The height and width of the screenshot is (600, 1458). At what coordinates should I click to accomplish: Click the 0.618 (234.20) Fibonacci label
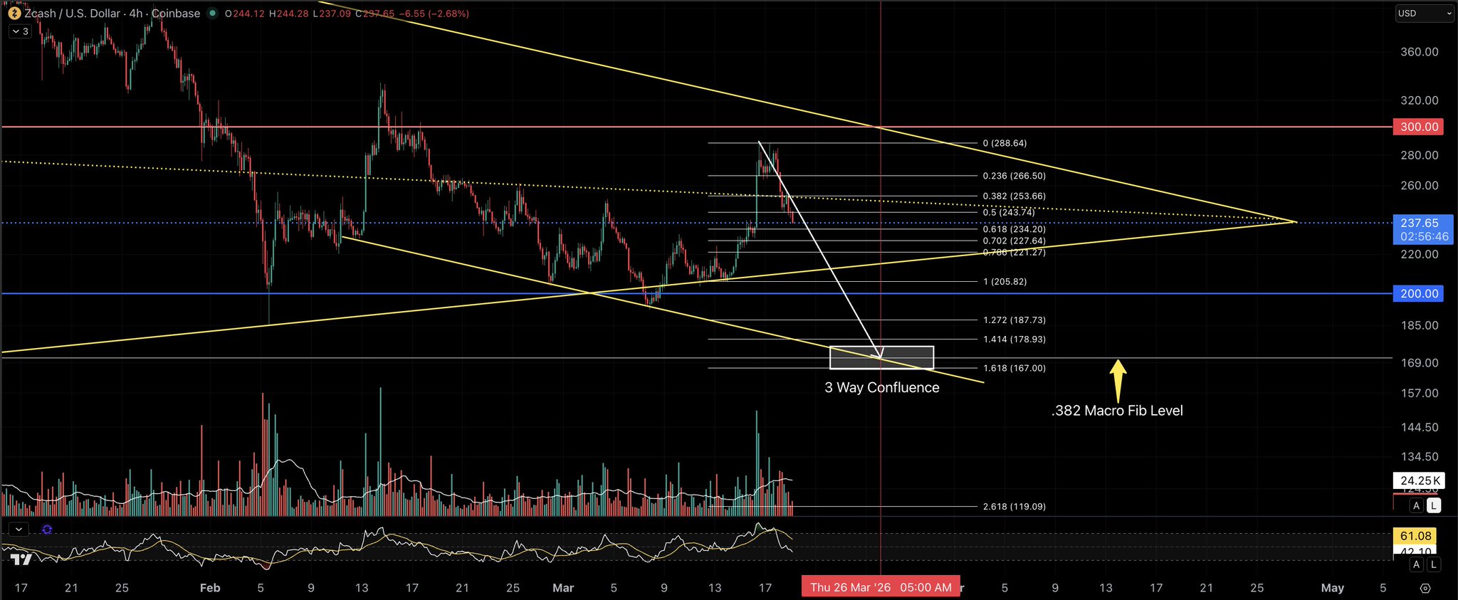click(1014, 229)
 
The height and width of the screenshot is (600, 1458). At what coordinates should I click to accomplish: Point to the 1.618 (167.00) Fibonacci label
click(1014, 368)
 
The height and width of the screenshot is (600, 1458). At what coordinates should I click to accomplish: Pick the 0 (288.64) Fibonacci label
click(1005, 143)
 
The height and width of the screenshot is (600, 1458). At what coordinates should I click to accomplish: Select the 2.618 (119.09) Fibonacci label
click(1014, 507)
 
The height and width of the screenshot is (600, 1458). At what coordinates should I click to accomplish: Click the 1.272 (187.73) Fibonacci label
click(1014, 320)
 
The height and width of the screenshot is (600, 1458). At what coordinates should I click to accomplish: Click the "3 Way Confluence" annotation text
click(881, 388)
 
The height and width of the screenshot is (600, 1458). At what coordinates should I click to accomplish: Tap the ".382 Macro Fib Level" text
click(1117, 411)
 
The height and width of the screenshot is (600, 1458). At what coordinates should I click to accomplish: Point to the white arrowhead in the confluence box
click(880, 352)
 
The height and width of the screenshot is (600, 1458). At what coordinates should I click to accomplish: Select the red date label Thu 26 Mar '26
click(881, 587)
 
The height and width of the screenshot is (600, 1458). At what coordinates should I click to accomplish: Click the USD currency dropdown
click(1423, 14)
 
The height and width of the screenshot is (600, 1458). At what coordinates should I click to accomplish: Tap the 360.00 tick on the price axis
click(1419, 52)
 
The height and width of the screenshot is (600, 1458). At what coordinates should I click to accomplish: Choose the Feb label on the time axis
click(210, 588)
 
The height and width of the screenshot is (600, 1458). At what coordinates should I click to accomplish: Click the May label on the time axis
click(1332, 588)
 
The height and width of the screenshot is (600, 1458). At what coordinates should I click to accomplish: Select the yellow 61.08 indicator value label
click(1415, 536)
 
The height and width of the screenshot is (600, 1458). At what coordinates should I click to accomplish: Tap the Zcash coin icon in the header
click(14, 14)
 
